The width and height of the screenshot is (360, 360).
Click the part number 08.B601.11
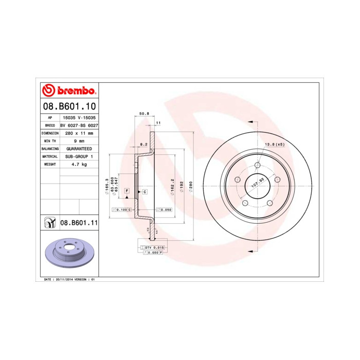click(79, 223)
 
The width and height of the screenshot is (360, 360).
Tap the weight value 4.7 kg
click(79, 164)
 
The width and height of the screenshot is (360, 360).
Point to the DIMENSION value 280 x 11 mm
click(79, 133)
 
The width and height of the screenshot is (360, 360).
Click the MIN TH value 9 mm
click(79, 140)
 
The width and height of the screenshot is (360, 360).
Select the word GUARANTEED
click(79, 148)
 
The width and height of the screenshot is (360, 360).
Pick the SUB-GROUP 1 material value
click(79, 156)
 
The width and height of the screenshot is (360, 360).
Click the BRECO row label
click(50, 125)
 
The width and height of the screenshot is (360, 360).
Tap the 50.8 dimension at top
click(144, 113)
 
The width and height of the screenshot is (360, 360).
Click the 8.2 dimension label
click(144, 145)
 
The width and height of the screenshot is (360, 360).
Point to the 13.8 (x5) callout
click(274, 145)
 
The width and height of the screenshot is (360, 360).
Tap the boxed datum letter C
click(145, 192)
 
